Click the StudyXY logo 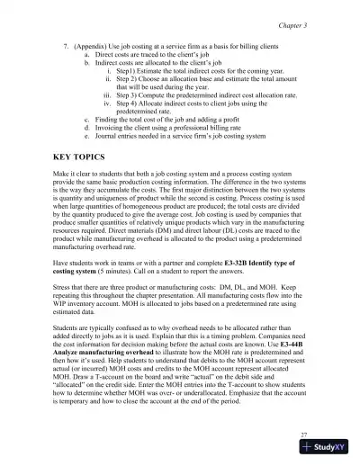coord(329,449)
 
